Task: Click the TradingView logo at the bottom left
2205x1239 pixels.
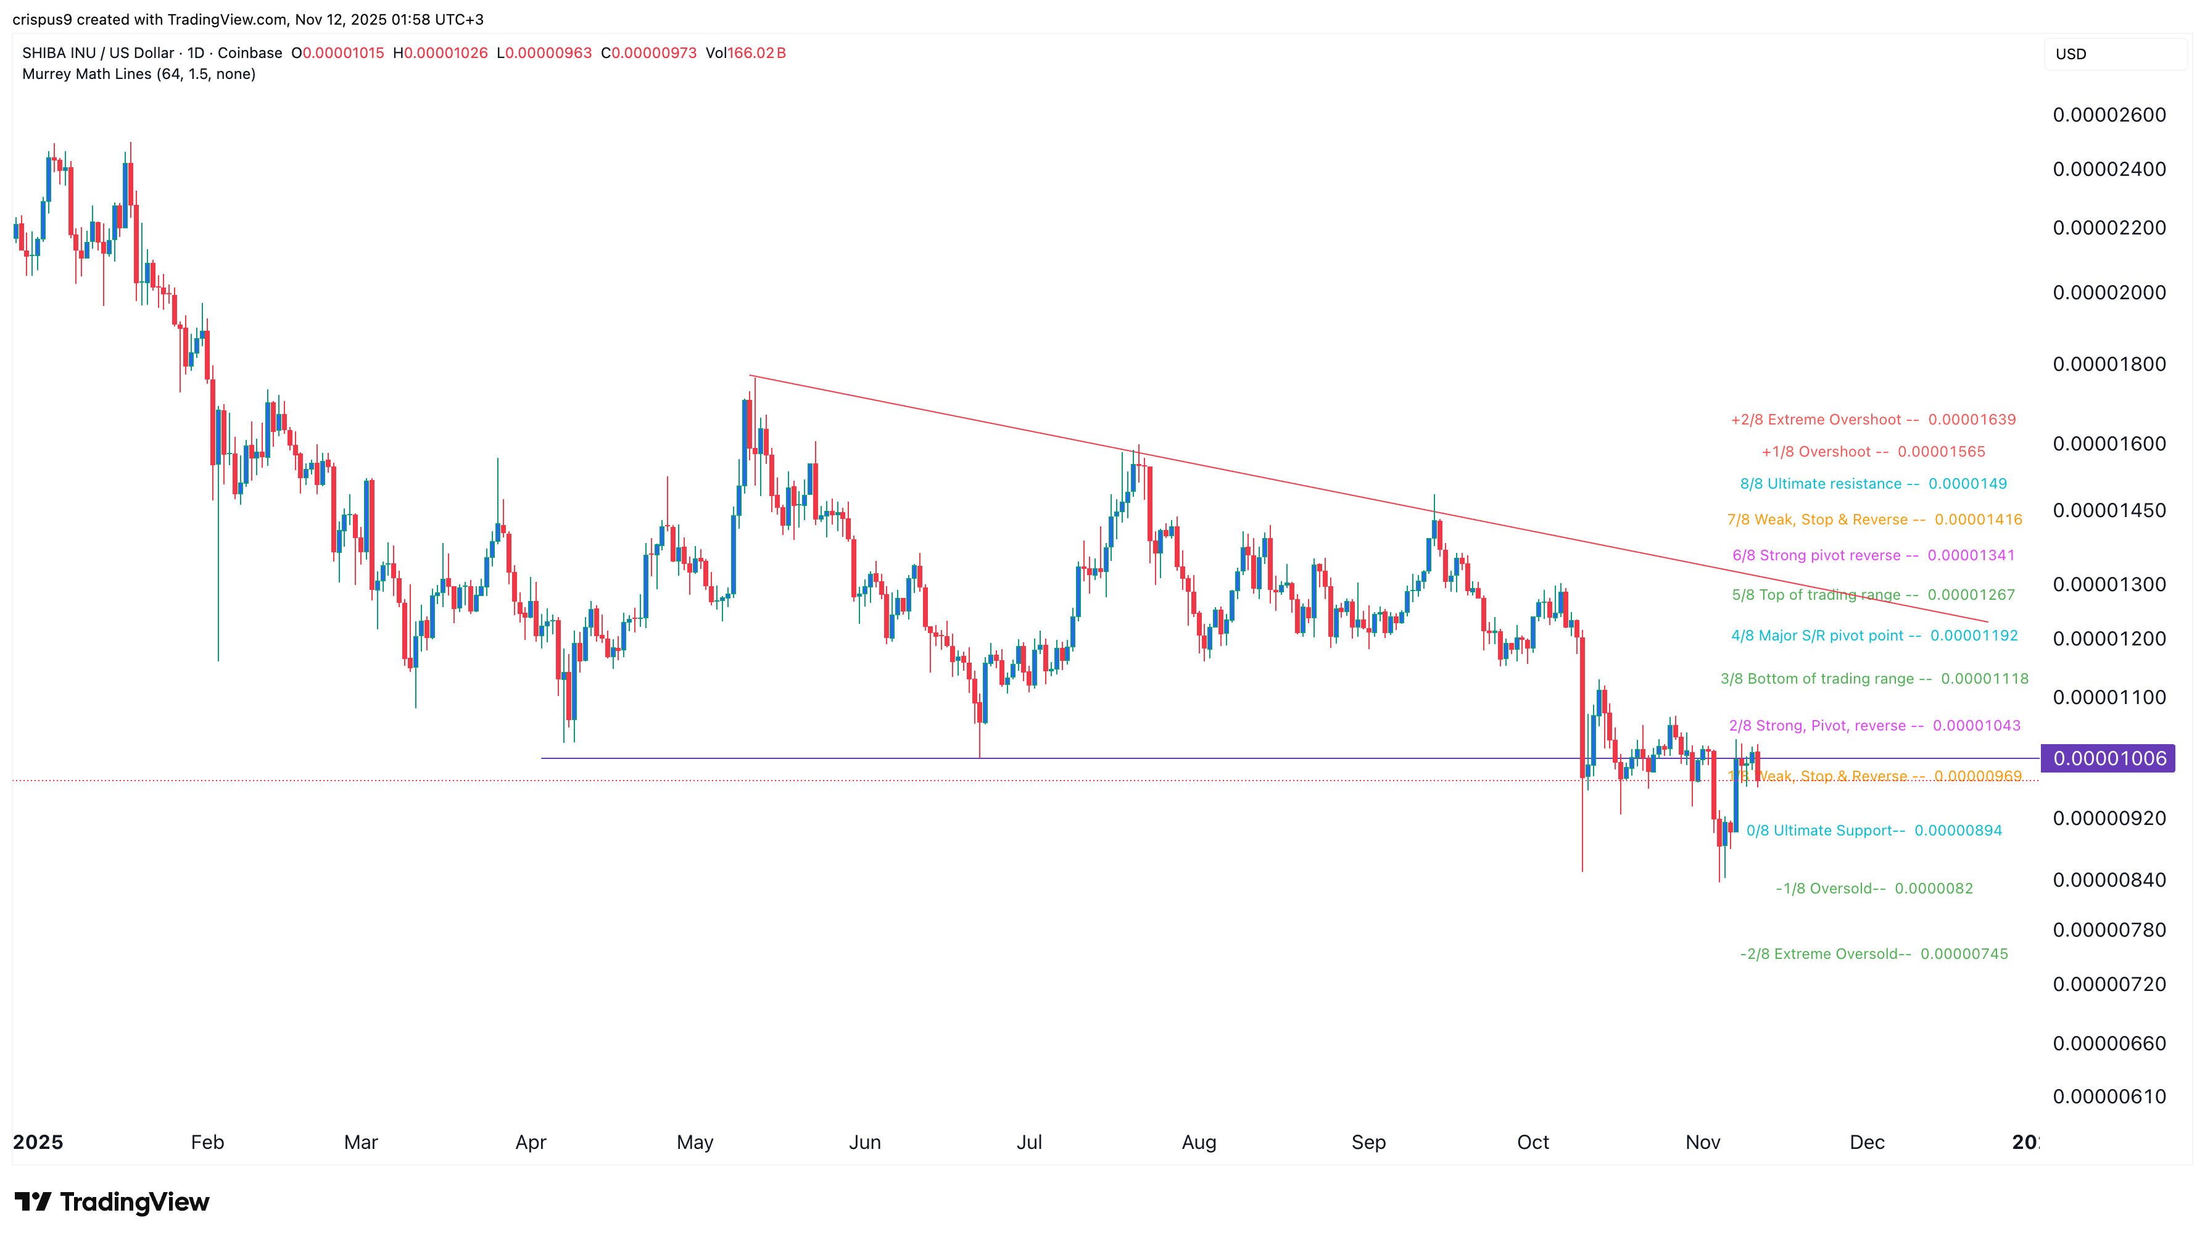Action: (x=112, y=1201)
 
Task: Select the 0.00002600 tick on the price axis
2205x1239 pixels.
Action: (x=2109, y=115)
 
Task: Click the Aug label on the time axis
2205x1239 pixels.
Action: (x=1198, y=1142)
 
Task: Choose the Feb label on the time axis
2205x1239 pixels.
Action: (x=207, y=1142)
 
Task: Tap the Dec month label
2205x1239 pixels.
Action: (x=1867, y=1142)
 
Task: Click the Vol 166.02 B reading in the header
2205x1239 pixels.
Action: (x=745, y=53)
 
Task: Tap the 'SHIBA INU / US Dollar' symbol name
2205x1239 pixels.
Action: (x=97, y=53)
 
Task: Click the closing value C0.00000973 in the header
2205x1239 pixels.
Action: (x=649, y=53)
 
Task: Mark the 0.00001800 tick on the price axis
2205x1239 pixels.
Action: (x=2109, y=364)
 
